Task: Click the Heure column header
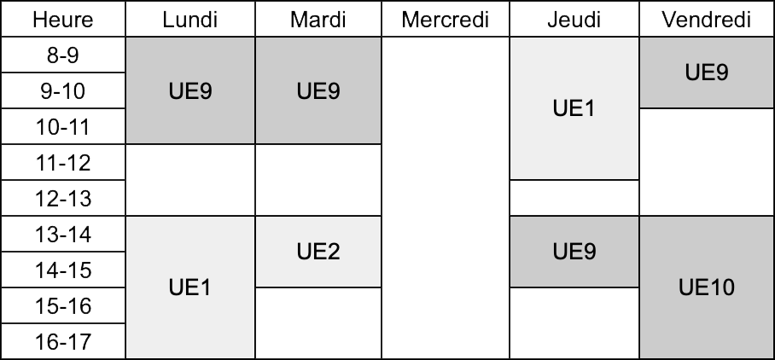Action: pos(63,20)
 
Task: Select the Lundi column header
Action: pos(190,20)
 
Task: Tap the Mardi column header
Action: pos(318,20)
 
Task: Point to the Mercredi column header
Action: pos(446,20)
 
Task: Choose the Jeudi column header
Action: pos(574,20)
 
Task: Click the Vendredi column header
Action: pos(707,20)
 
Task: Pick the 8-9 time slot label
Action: pos(63,55)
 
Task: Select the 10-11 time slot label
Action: pos(63,126)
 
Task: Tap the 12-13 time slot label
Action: pos(63,198)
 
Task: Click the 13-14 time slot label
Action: pos(63,234)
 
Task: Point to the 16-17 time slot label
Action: pos(63,341)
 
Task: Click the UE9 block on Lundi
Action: pos(190,90)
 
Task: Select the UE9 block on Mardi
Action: pos(318,90)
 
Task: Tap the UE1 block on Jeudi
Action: pos(574,108)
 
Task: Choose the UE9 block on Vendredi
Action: pos(707,73)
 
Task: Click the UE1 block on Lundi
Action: pos(190,287)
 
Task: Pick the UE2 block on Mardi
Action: pos(318,252)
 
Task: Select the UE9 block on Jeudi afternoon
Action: pos(574,252)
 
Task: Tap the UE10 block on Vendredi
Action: pos(707,287)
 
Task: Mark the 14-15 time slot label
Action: pos(63,270)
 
